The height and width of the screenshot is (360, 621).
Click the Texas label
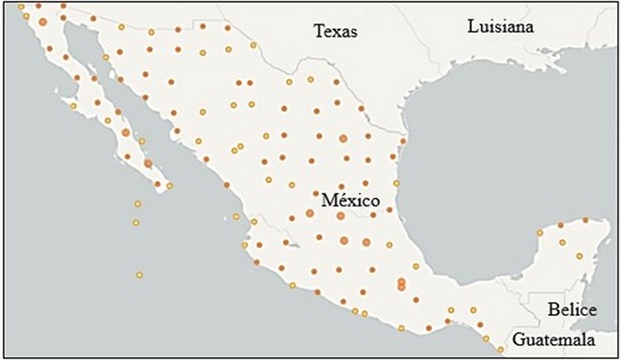pyautogui.click(x=336, y=31)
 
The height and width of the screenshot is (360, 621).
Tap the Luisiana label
pyautogui.click(x=500, y=27)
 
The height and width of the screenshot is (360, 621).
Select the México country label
pyautogui.click(x=349, y=201)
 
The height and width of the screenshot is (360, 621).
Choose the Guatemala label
pyautogui.click(x=559, y=339)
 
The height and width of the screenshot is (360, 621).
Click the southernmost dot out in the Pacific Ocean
pyautogui.click(x=139, y=275)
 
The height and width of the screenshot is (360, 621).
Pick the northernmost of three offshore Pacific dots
pyautogui.click(x=138, y=203)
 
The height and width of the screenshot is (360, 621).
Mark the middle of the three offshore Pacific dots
pyautogui.click(x=136, y=223)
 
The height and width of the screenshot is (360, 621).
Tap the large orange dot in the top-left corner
pyautogui.click(x=43, y=21)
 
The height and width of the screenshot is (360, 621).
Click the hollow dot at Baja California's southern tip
pyautogui.click(x=170, y=186)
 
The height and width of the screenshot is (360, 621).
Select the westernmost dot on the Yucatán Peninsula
pyautogui.click(x=539, y=232)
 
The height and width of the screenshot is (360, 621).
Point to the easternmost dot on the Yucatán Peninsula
pyautogui.click(x=589, y=221)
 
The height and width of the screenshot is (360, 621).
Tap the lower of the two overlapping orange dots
pyautogui.click(x=401, y=286)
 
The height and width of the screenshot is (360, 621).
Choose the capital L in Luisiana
pyautogui.click(x=472, y=27)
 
